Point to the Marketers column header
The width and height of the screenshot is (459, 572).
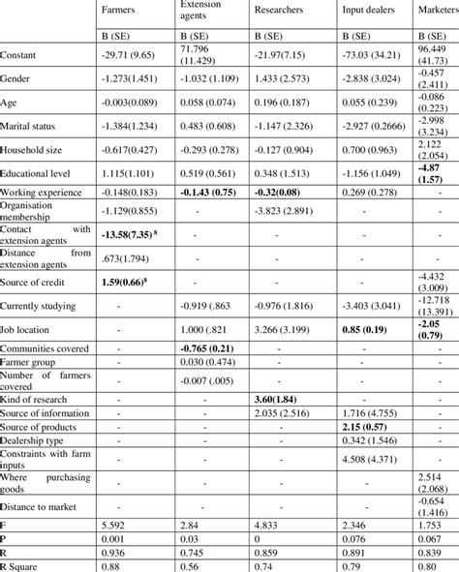click(x=437, y=15)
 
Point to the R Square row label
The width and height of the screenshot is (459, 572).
click(x=24, y=566)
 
